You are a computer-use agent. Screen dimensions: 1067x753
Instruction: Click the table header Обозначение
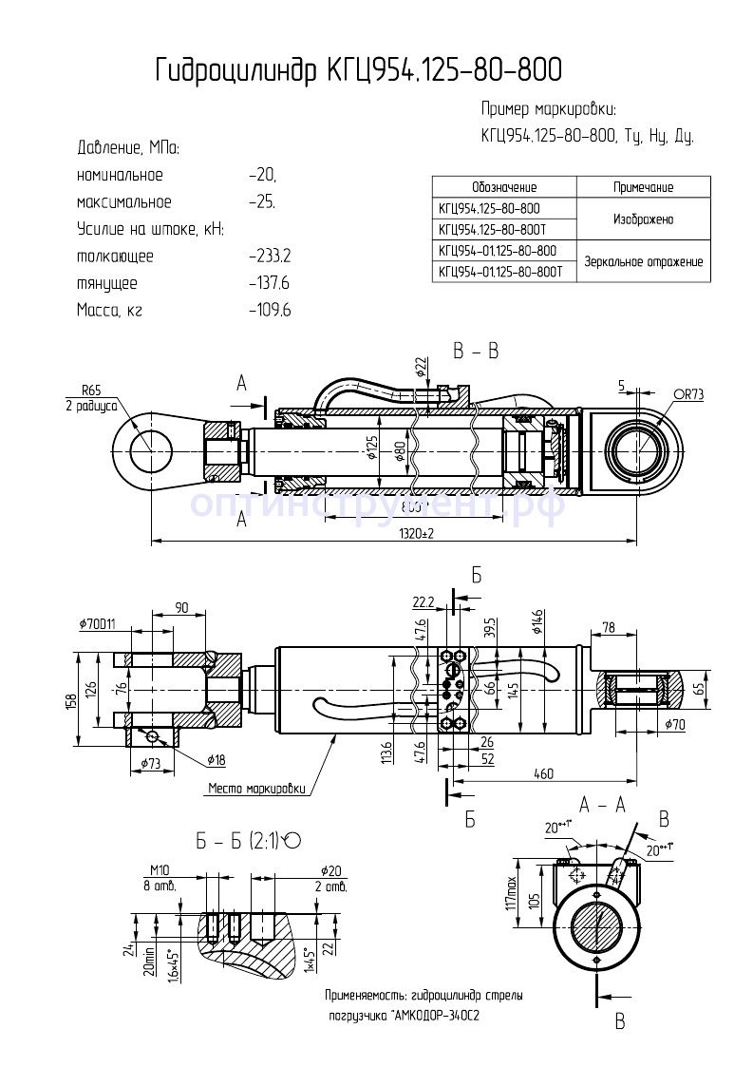tap(503, 187)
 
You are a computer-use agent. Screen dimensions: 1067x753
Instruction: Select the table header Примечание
tap(643, 187)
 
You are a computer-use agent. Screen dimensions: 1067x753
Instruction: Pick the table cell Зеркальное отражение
tap(643, 261)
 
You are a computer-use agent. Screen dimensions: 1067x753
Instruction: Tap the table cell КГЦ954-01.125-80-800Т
tap(500, 272)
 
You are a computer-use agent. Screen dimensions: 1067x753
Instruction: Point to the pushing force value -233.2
tap(269, 257)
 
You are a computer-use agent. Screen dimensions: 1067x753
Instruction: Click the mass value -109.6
tap(269, 310)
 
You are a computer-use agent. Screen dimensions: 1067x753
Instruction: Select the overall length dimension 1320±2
tap(410, 533)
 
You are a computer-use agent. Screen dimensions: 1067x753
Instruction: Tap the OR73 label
tap(687, 393)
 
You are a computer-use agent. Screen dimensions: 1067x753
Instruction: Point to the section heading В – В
tap(476, 352)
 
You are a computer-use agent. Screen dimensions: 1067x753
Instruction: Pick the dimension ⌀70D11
tap(98, 624)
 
